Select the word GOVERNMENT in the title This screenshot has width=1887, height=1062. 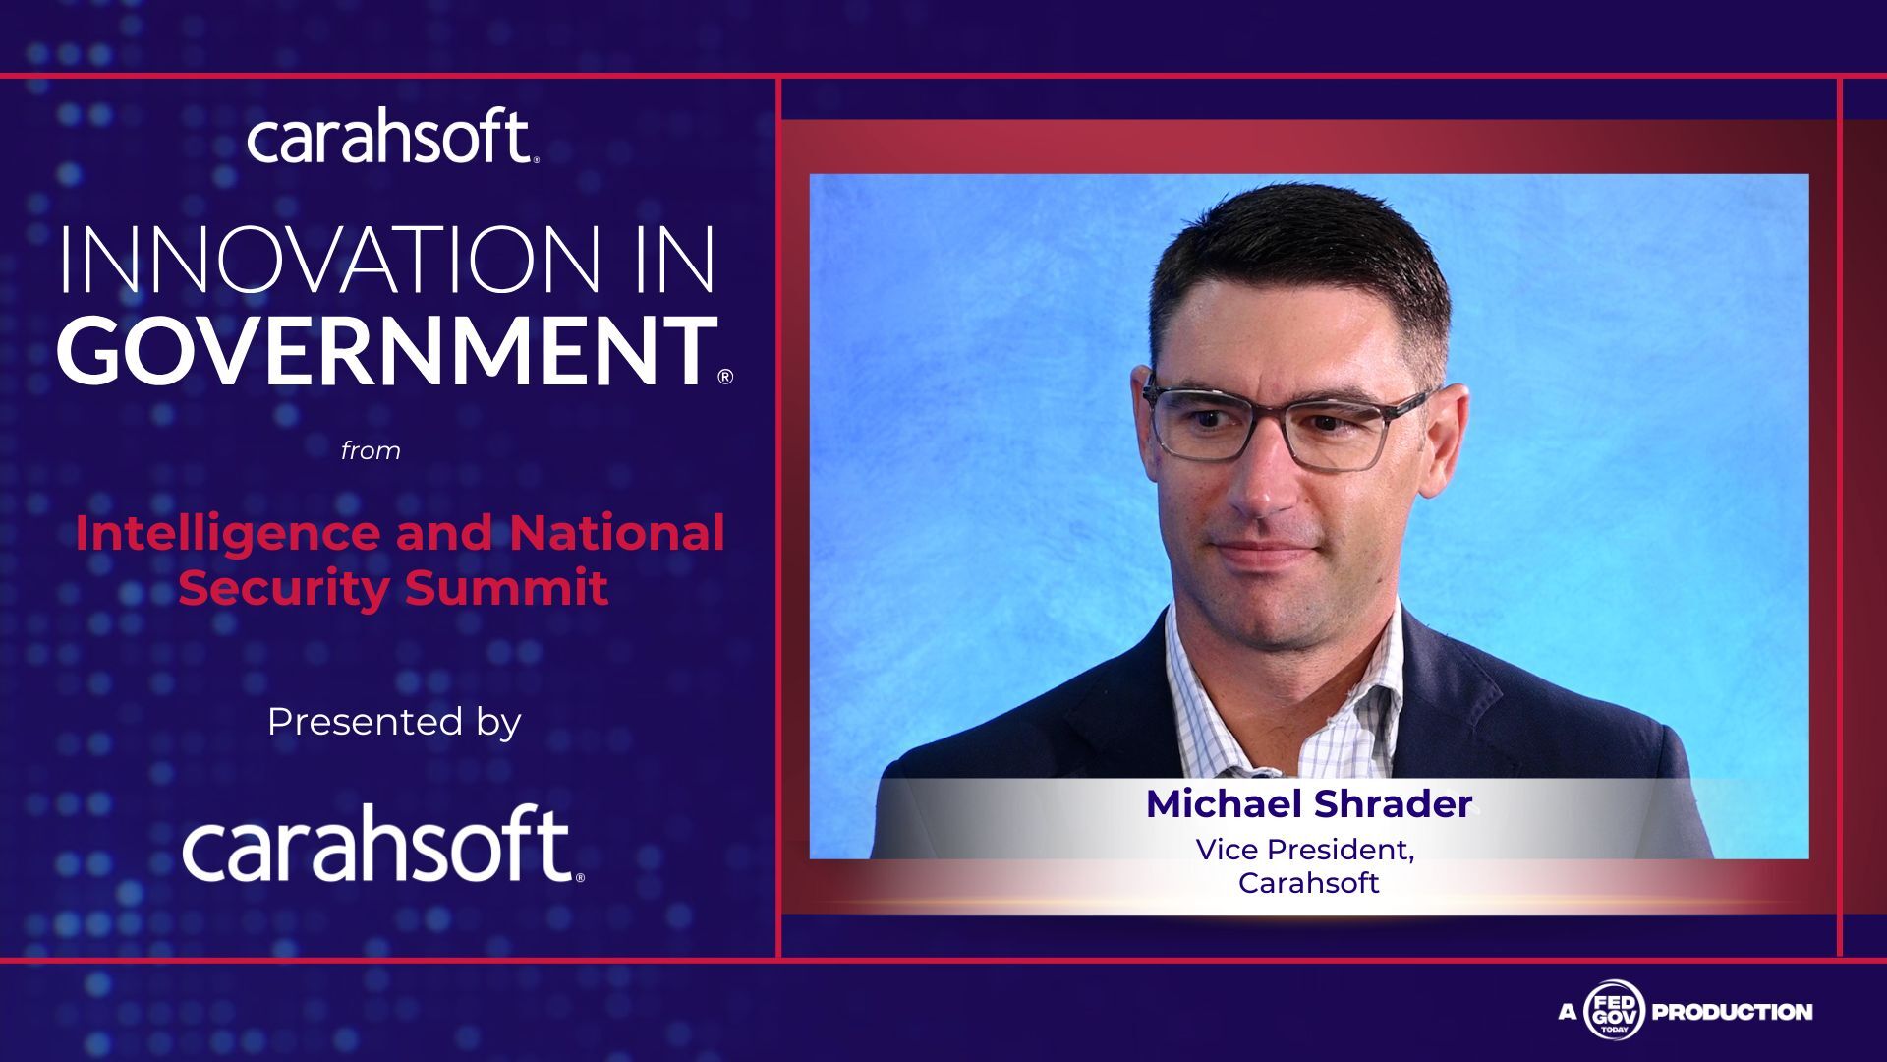pyautogui.click(x=387, y=350)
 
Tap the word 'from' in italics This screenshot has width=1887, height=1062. pyautogui.click(x=371, y=450)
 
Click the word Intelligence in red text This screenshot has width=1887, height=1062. pyautogui.click(x=228, y=535)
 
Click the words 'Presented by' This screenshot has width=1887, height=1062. pyautogui.click(x=393, y=722)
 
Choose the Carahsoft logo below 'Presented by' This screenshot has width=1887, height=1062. pyautogui.click(x=382, y=843)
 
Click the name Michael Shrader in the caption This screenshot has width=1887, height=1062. pyautogui.click(x=1309, y=804)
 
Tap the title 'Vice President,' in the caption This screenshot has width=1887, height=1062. pyautogui.click(x=1305, y=850)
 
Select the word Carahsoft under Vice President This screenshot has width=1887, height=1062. pyautogui.click(x=1308, y=883)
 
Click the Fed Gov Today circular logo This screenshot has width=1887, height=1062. pyautogui.click(x=1613, y=1010)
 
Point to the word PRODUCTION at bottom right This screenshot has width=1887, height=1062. pyautogui.click(x=1732, y=1011)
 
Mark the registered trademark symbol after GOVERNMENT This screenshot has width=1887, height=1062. pyautogui.click(x=725, y=377)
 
